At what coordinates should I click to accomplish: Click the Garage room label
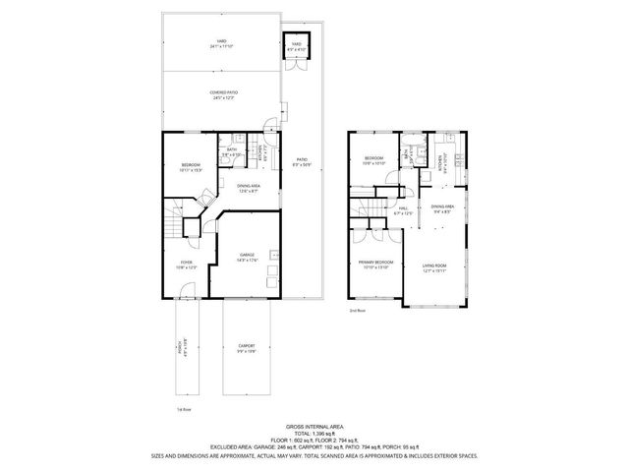pyautogui.click(x=248, y=257)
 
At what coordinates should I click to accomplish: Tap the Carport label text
pyautogui.click(x=247, y=348)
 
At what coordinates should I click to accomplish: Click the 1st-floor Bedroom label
pyautogui.click(x=190, y=167)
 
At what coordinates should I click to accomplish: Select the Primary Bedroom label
pyautogui.click(x=375, y=264)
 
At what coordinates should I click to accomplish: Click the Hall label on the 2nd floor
pyautogui.click(x=404, y=209)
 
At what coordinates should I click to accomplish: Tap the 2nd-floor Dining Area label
pyautogui.click(x=441, y=209)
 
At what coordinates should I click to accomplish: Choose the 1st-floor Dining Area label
pyautogui.click(x=248, y=188)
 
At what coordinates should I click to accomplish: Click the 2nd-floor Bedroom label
pyautogui.click(x=374, y=160)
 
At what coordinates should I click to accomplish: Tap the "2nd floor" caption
pyautogui.click(x=357, y=311)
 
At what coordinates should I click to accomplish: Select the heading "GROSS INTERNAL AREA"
pyautogui.click(x=314, y=426)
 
